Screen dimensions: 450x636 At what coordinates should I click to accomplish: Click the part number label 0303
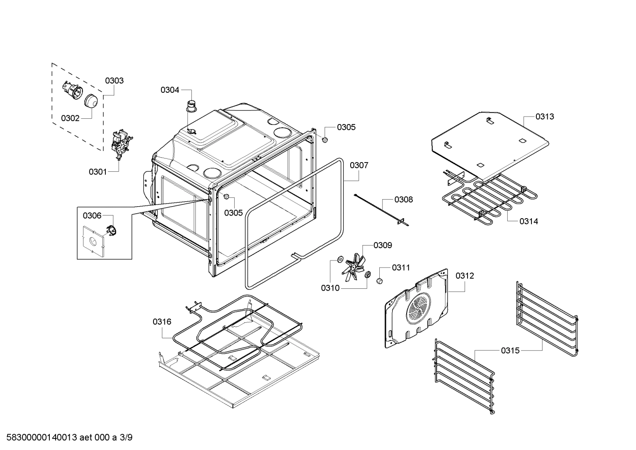point(114,81)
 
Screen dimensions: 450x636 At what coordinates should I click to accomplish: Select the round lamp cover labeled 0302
point(92,101)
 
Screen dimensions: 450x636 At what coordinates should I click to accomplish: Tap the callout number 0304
point(170,90)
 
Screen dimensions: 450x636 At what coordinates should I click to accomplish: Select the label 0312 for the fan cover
point(465,276)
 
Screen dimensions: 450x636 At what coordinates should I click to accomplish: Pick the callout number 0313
point(545,117)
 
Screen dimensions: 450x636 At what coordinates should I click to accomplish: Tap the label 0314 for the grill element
point(528,221)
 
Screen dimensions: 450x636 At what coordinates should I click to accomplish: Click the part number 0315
point(510,351)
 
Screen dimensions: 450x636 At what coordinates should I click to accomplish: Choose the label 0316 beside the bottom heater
point(162,322)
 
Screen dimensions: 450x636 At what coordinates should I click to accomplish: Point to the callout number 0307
point(359,165)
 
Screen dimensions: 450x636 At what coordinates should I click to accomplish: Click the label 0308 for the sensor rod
point(404,200)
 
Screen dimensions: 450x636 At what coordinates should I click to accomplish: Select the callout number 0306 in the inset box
point(92,216)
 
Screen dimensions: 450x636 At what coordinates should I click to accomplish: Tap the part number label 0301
point(98,172)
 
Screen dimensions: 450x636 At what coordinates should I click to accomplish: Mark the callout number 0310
point(330,288)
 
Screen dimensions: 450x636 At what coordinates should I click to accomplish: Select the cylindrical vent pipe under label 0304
point(192,107)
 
